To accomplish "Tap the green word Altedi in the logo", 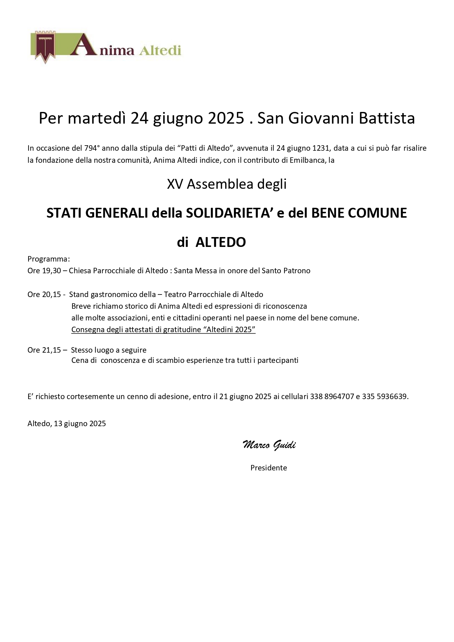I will click(x=160, y=50).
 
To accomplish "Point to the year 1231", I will click(x=320, y=148).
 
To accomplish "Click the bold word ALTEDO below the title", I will click(x=220, y=242).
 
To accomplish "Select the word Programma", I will click(x=48, y=259).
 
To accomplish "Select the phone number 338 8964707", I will click(x=332, y=396).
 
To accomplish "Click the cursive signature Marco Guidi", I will click(x=269, y=445).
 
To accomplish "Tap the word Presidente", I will click(x=269, y=468).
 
